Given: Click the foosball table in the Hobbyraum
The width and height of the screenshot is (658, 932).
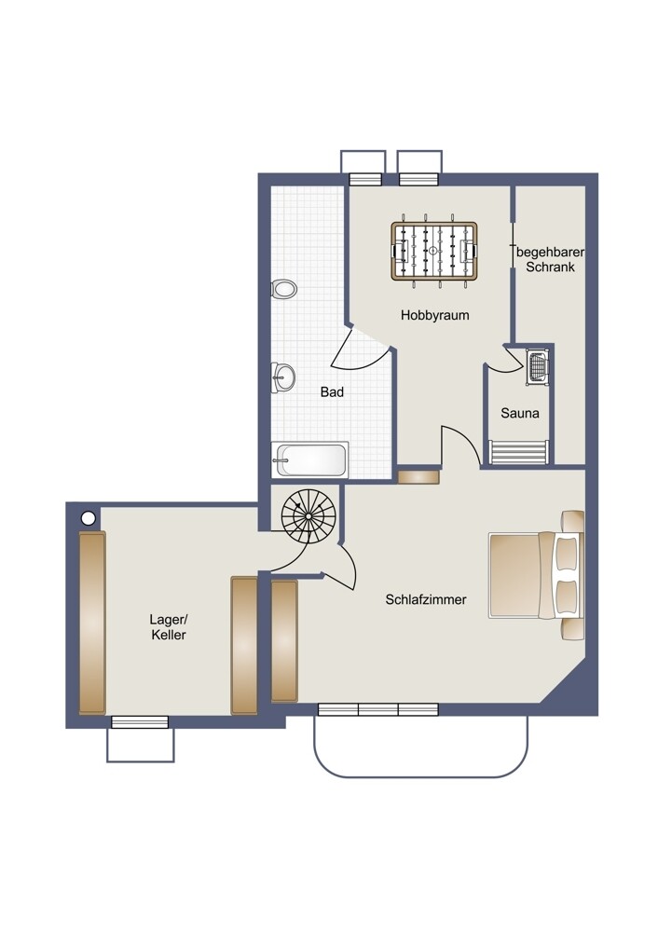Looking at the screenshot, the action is (434, 250).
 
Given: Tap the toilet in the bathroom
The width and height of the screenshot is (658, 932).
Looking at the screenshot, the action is (283, 290).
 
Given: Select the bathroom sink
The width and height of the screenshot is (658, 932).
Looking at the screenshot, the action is (283, 377).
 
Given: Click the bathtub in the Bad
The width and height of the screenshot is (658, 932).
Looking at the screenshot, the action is (309, 459).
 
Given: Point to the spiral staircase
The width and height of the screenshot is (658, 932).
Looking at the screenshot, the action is (308, 515).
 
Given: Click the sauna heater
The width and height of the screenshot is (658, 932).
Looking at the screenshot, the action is (538, 367).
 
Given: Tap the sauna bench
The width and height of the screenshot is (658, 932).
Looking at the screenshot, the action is (518, 452).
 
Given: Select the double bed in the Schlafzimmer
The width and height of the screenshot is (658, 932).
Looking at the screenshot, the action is (536, 575).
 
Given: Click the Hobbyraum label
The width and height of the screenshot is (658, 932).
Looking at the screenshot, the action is (434, 315).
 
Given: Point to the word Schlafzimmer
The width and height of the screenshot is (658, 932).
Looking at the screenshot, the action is (426, 599).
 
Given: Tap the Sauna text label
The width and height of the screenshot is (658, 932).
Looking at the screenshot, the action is (519, 413).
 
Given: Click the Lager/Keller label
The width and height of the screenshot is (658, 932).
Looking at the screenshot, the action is (168, 627).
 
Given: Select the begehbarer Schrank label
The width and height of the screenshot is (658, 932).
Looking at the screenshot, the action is (550, 260).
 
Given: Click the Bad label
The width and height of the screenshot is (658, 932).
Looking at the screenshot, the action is (332, 391).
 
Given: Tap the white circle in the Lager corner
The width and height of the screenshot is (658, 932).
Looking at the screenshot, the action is (88, 518).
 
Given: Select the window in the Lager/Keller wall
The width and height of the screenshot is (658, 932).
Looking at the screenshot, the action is (140, 722).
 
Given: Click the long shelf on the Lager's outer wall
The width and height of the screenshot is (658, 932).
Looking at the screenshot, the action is (92, 623).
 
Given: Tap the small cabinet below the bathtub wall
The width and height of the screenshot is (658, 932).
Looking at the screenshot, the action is (418, 476).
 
